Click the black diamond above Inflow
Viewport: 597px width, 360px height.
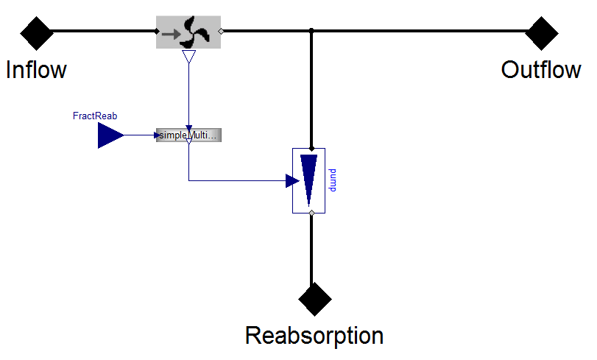tap(36, 32)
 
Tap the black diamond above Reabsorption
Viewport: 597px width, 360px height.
tap(315, 299)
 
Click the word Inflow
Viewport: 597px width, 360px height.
tap(36, 70)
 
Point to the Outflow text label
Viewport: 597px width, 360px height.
tap(541, 70)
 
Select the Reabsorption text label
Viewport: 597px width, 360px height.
tap(314, 336)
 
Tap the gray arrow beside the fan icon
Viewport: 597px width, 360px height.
tap(172, 33)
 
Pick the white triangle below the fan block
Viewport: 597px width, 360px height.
tap(188, 57)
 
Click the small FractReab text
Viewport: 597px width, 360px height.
tap(95, 116)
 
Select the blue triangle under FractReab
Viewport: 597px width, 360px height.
tap(110, 135)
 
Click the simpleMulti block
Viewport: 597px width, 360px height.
tap(189, 135)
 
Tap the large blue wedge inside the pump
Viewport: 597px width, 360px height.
tap(308, 179)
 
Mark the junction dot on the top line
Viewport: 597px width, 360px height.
tap(312, 31)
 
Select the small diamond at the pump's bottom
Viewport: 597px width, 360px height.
tap(312, 213)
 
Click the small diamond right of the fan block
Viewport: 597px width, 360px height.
tap(222, 31)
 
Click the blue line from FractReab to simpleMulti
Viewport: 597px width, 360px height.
tap(140, 135)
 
